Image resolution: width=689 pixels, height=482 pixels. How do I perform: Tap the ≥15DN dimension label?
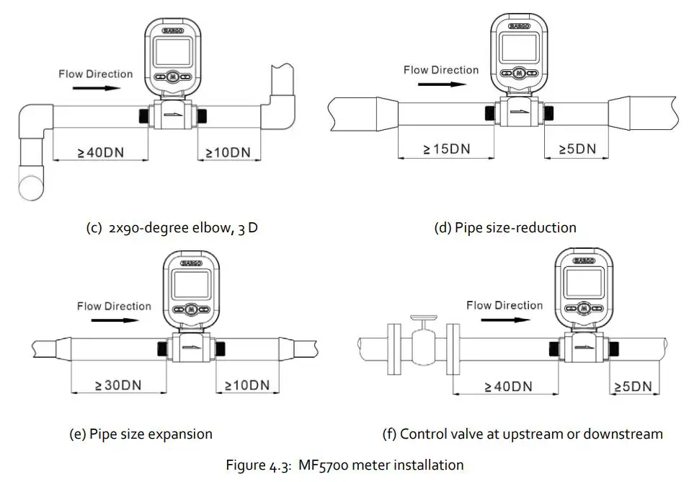[x=446, y=149]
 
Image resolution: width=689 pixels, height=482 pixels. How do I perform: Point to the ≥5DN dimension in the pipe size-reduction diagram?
[x=578, y=149]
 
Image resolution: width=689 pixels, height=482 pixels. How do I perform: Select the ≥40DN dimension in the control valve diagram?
[x=508, y=386]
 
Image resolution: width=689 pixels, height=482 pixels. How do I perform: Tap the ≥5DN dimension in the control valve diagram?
[x=633, y=386]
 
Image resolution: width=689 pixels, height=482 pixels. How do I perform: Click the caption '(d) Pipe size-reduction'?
[x=504, y=227]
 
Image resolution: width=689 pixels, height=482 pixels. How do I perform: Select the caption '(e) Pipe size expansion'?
[x=141, y=434]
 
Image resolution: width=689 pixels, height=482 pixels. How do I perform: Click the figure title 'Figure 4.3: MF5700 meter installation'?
[x=344, y=465]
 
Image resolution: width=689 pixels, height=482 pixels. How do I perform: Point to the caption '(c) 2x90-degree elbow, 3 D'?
[x=171, y=227]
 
